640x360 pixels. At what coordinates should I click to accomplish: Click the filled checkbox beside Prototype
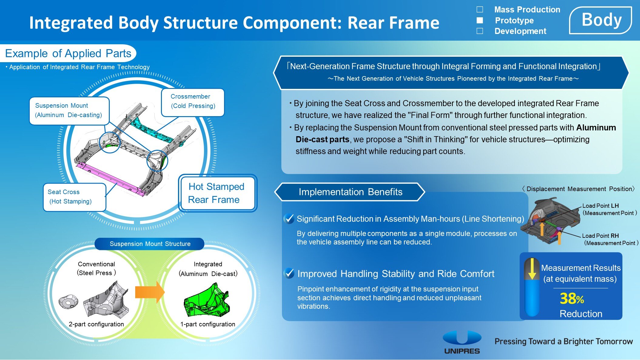480,20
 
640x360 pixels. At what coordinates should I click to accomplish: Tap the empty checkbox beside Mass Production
480,9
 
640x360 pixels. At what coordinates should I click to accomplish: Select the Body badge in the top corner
601,20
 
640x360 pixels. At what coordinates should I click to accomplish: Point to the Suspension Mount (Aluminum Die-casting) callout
69,110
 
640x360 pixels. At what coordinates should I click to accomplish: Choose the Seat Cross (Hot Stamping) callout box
74,197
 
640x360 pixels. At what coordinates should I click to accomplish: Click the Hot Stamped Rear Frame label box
217,193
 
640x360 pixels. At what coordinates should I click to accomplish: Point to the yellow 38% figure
571,298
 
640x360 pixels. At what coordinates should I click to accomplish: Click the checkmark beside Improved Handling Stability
289,273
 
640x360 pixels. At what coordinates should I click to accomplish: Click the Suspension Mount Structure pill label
150,244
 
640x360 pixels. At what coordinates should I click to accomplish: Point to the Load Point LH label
600,206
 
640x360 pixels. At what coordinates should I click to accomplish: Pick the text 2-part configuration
96,324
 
